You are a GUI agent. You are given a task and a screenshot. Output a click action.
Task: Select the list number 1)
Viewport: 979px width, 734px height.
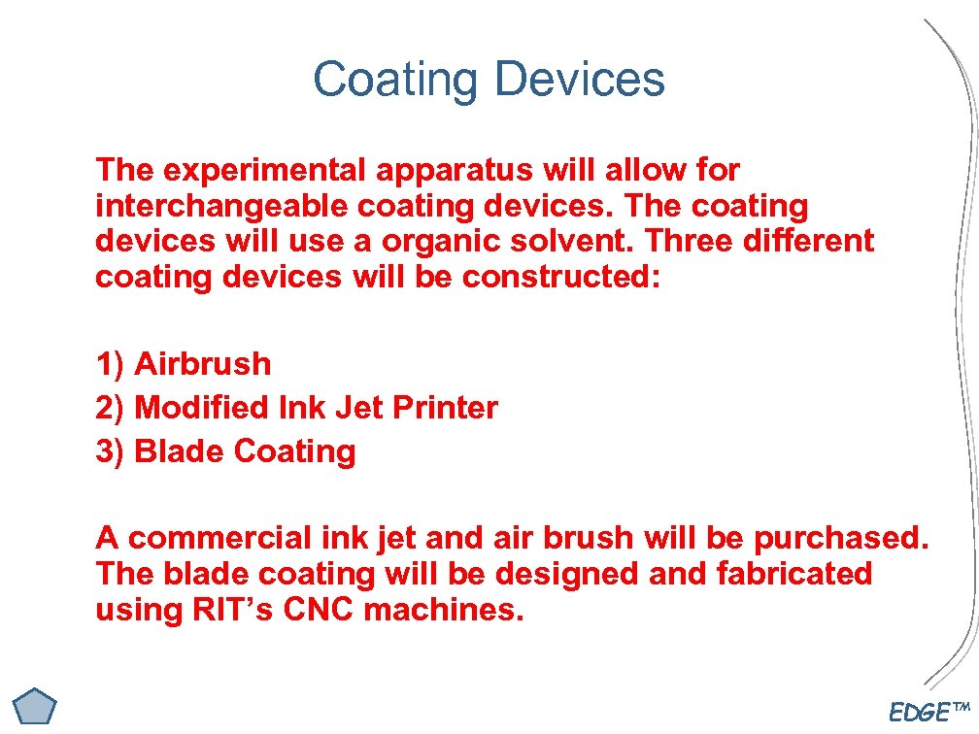(110, 364)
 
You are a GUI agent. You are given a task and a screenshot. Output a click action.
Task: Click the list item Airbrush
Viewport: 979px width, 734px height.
(203, 364)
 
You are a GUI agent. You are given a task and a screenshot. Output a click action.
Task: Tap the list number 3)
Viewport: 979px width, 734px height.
(110, 451)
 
